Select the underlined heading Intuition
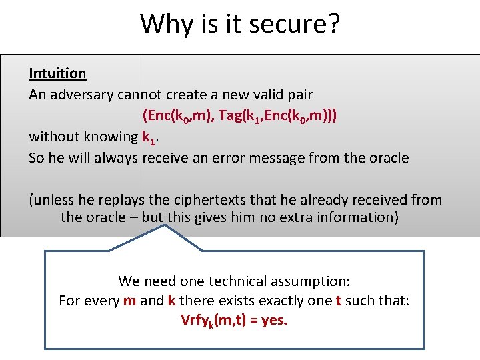tap(57, 73)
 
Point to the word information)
tap(361, 217)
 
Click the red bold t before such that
tap(339, 301)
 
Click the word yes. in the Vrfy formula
tap(274, 321)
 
